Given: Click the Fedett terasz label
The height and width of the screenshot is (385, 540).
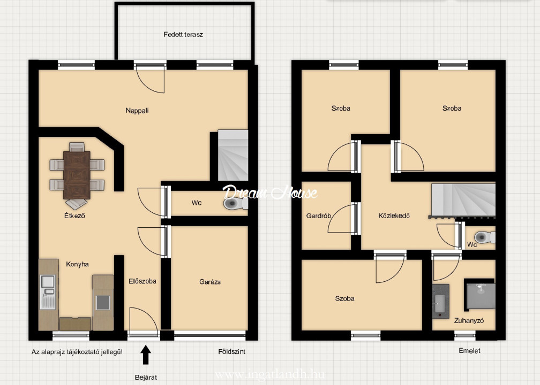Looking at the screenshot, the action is [x=183, y=34].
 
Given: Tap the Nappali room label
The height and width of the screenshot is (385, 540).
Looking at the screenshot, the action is [x=137, y=110].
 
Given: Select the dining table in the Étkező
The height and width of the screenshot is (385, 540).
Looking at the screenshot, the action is [x=77, y=175].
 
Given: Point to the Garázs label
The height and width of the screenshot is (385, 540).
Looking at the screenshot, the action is [x=210, y=282].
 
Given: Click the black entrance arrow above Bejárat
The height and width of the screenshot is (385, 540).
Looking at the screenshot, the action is [x=146, y=355].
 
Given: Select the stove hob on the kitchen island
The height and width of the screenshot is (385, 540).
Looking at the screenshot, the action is [x=103, y=303].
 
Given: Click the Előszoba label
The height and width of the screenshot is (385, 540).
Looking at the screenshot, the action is [x=142, y=281].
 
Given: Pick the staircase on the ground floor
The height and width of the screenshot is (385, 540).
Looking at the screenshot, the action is [x=233, y=155].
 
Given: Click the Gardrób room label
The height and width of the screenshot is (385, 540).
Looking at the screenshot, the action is [x=319, y=216].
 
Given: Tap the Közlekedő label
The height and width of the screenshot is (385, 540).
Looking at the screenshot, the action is [x=394, y=216].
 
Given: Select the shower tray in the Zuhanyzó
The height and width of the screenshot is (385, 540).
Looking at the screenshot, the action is [x=480, y=294].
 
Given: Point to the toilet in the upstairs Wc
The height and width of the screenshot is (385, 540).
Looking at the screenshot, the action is [x=484, y=237].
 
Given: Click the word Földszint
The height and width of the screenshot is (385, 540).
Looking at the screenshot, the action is [x=232, y=352].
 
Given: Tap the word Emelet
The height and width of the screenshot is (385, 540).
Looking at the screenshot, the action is [x=469, y=351].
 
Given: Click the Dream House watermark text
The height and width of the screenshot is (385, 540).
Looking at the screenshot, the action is [x=269, y=192].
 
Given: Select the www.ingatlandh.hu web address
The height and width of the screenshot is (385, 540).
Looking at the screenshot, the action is [x=269, y=374].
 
